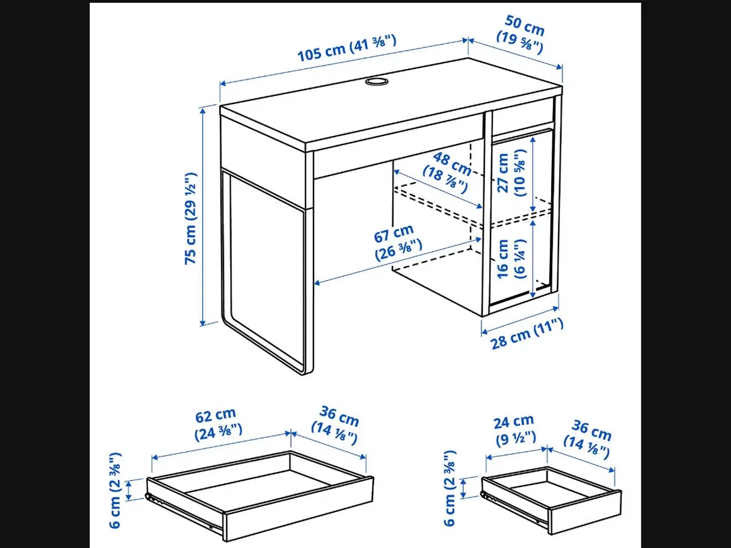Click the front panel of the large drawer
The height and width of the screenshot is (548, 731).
[x=297, y=508]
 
